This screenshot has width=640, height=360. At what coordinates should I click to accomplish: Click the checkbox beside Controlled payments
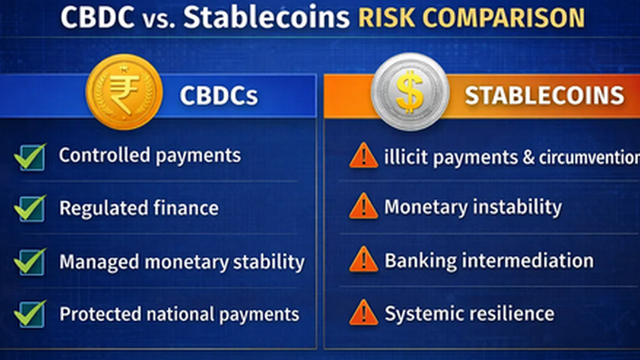(30, 157)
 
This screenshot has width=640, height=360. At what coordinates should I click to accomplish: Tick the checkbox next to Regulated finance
(30, 209)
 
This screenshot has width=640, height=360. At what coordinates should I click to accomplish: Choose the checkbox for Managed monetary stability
(30, 262)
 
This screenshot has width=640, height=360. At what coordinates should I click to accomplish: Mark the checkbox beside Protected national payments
(30, 314)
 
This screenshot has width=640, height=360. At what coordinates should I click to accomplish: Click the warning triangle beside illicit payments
(363, 156)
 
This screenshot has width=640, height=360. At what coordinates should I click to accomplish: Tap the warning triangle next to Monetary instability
(363, 207)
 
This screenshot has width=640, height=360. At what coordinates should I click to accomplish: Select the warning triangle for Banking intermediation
(363, 260)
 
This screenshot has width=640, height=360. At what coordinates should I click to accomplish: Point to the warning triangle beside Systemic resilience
(363, 312)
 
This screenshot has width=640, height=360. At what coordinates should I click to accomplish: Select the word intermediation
(528, 260)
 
